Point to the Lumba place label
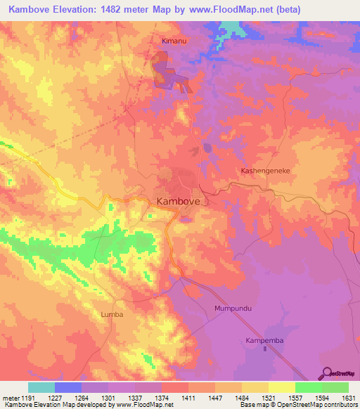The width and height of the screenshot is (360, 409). [x=112, y=314]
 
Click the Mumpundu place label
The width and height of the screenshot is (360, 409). [x=233, y=309]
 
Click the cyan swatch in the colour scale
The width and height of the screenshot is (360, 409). [x=41, y=387]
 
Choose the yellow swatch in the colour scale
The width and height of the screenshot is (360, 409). [x=281, y=387]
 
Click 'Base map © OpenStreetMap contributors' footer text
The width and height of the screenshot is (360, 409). [x=298, y=405]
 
